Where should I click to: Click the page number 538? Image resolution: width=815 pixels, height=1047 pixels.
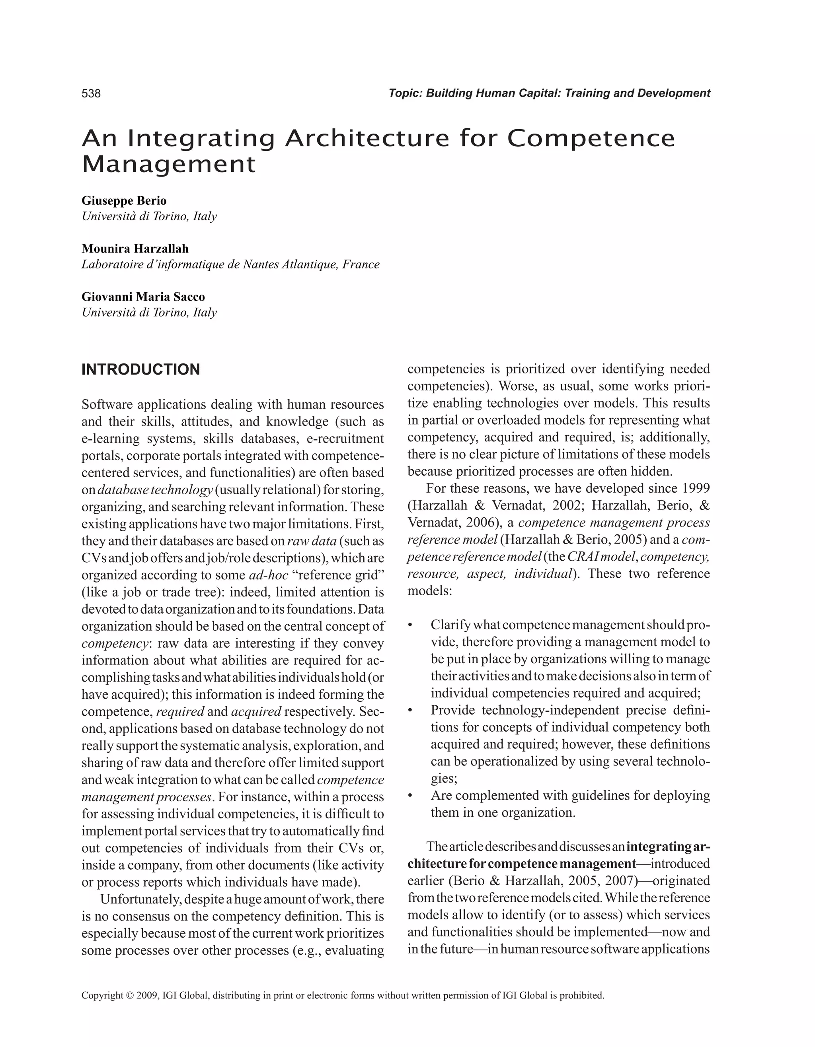tap(91, 93)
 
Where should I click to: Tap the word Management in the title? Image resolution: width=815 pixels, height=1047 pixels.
tap(169, 165)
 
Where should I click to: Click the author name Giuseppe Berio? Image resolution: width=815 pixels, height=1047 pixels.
tap(124, 200)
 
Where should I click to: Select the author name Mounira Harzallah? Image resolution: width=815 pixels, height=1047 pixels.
tap(135, 248)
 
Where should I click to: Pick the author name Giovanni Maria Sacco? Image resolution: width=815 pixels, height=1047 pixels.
tap(143, 297)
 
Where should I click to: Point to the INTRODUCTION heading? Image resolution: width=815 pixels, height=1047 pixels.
tap(140, 370)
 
